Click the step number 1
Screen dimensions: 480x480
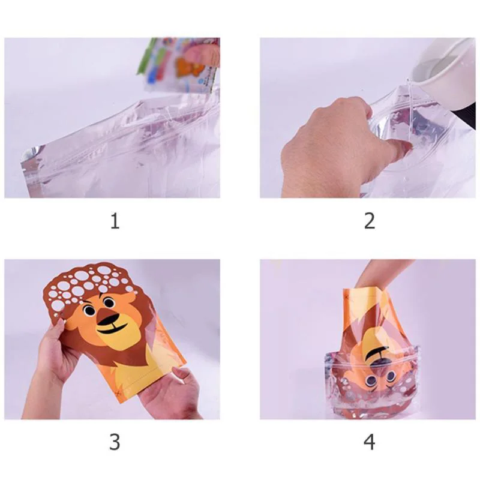coord(115,221)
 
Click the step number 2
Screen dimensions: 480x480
coord(370,221)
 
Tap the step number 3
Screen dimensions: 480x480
coord(115,442)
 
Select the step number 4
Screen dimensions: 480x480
coord(370,442)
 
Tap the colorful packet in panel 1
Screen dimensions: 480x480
coord(180,63)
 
